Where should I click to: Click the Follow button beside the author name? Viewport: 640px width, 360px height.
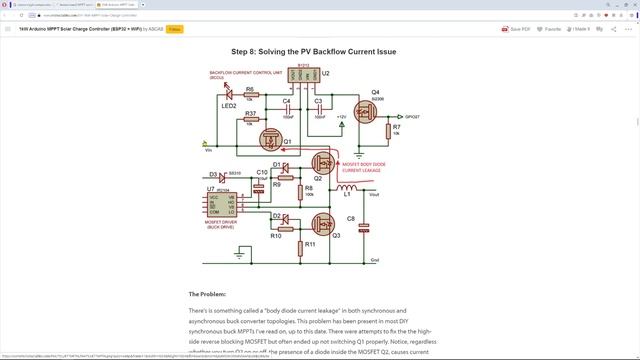[x=174, y=30]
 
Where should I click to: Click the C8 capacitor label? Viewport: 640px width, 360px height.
[x=351, y=218]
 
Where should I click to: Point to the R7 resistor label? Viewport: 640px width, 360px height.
[x=397, y=128]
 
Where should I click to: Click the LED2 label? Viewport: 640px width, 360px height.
[x=228, y=105]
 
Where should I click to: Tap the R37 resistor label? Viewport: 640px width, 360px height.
[x=250, y=114]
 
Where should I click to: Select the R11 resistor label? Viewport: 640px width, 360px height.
[x=310, y=244]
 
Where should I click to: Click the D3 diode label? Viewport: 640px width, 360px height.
[x=213, y=174]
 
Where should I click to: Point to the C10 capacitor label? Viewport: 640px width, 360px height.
[x=262, y=172]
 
